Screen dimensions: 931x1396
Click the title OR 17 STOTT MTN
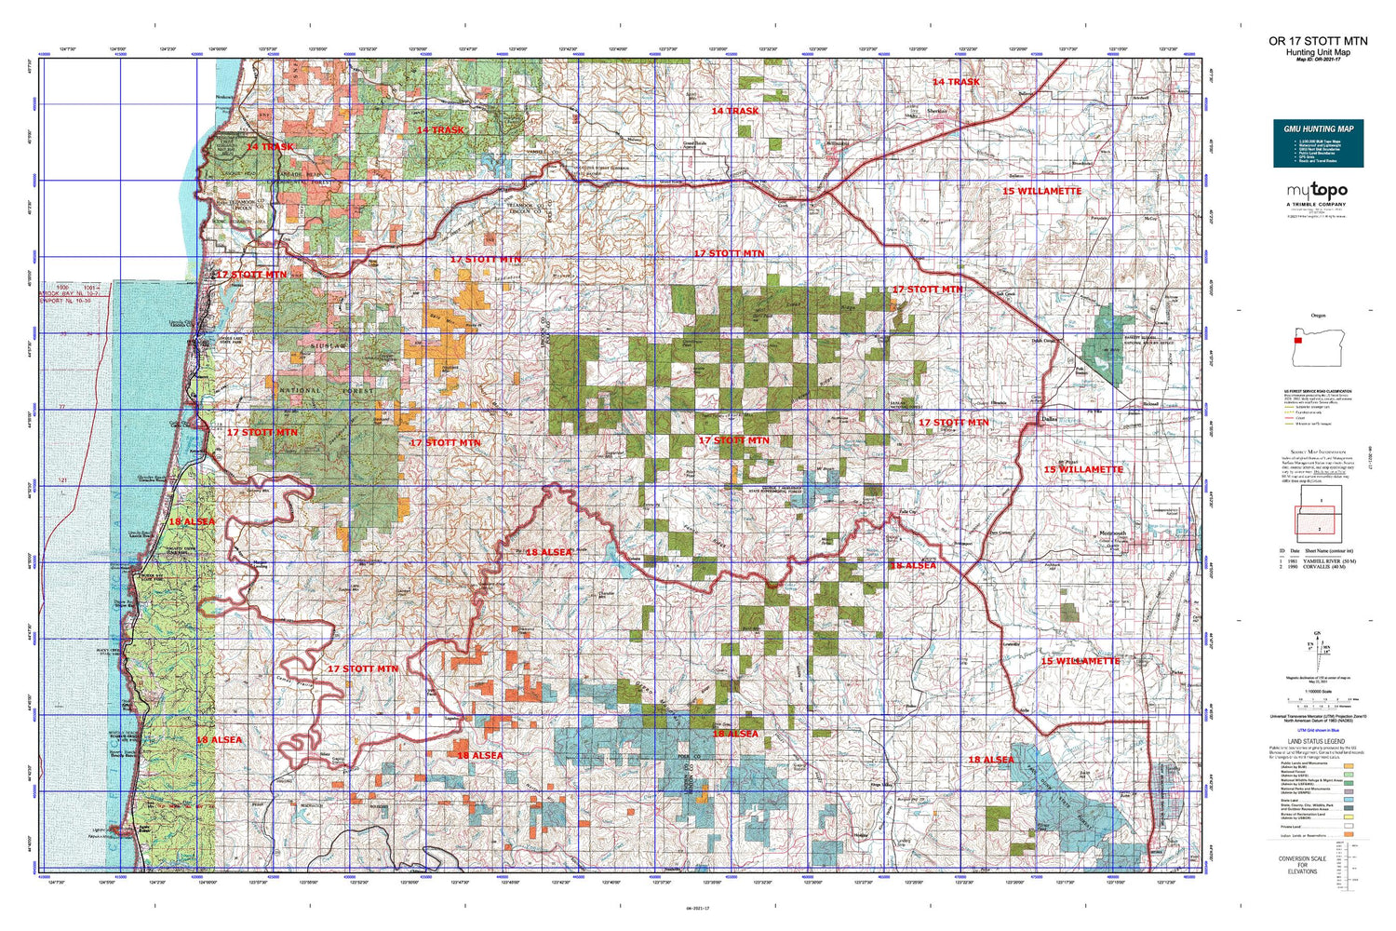[x=1318, y=41]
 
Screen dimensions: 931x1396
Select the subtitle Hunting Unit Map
[x=1318, y=52]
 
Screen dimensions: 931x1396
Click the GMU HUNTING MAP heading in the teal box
[x=1318, y=128]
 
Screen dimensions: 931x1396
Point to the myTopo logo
[x=1316, y=191]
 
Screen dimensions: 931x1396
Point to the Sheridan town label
[x=937, y=111]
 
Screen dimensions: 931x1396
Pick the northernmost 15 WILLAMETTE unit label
[x=1041, y=191]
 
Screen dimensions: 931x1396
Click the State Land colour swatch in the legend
[x=1349, y=799]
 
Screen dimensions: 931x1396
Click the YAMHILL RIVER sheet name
[x=1329, y=562]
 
